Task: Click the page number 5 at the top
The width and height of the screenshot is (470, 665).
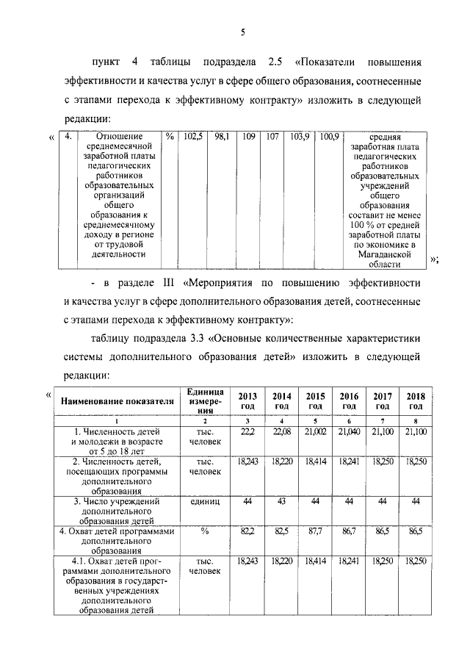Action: click(242, 30)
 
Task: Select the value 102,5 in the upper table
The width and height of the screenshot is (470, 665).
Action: click(192, 137)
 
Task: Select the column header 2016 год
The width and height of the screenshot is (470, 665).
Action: click(349, 401)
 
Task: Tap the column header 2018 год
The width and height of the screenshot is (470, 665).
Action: click(416, 401)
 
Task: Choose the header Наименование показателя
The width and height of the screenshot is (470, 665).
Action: click(117, 401)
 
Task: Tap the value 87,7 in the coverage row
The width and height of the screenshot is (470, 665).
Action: click(316, 529)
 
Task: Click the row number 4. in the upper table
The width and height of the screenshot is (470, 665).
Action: click(67, 137)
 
